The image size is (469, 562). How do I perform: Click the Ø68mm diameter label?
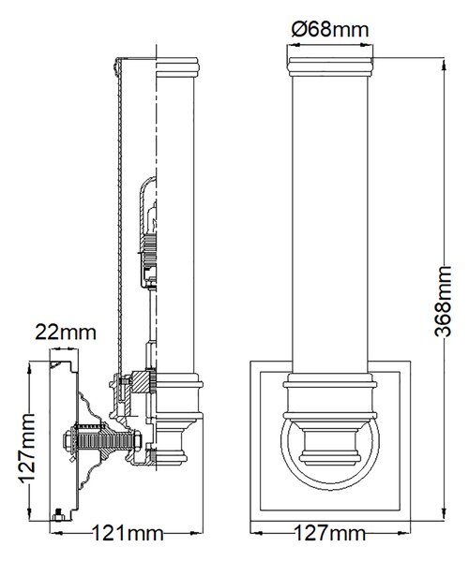330,29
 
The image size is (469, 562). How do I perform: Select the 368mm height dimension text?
442,302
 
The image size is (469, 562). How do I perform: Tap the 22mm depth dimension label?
66,333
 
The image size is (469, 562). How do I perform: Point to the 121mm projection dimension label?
128,533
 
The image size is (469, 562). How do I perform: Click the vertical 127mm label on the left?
27,449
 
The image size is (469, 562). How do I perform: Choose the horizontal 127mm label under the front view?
330,533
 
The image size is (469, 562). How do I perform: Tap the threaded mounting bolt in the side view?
103,439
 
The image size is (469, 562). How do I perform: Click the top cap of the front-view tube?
330,67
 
